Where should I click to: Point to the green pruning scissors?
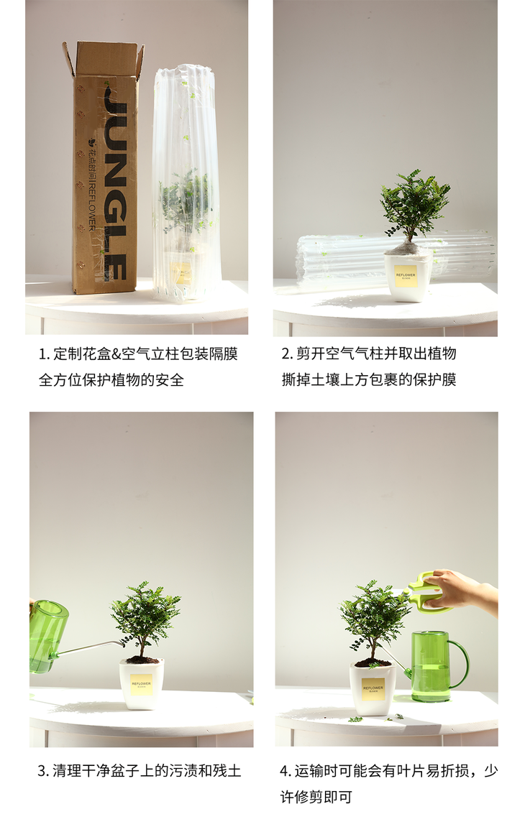click(x=429, y=593)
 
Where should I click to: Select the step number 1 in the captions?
click(x=43, y=354)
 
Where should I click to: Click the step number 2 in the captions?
click(x=286, y=354)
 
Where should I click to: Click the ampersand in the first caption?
click(x=117, y=354)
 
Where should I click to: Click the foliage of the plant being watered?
click(x=145, y=614)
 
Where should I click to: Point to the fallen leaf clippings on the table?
click(x=378, y=717)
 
